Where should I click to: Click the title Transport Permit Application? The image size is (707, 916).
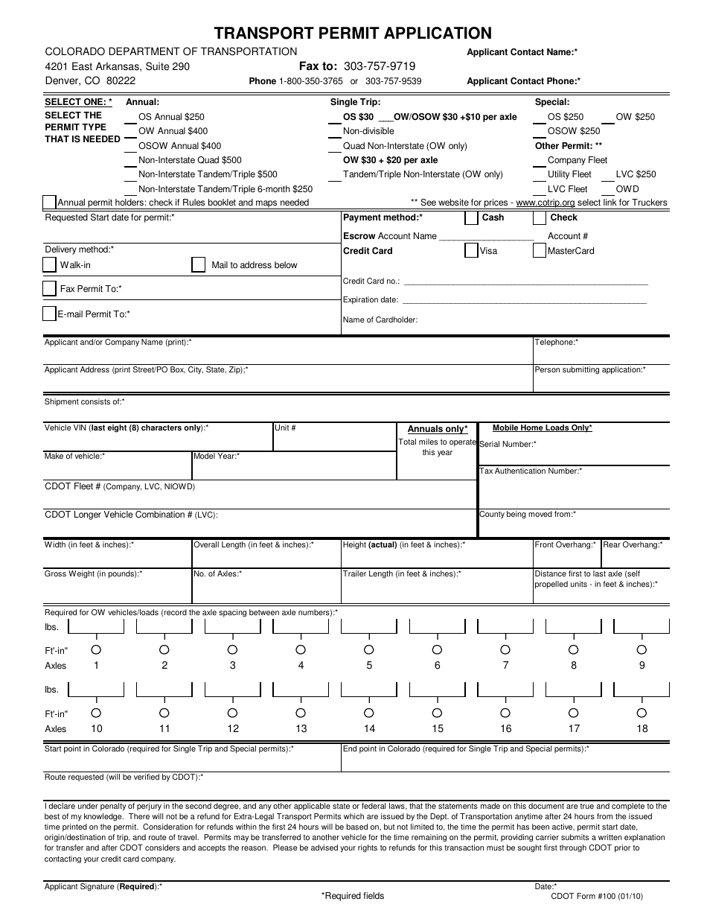tap(353, 33)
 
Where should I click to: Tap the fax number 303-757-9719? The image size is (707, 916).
tap(380, 66)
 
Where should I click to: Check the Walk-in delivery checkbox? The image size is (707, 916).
tap(49, 264)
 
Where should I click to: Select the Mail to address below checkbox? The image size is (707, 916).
tap(198, 264)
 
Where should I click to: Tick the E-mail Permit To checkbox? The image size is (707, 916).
tap(49, 314)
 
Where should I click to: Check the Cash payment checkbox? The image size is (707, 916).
tap(471, 217)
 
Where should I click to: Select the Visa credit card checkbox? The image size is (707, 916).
tap(471, 251)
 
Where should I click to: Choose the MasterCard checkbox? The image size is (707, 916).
tap(540, 251)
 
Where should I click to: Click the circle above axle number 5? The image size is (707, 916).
tap(369, 649)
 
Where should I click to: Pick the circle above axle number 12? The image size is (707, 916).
tap(233, 713)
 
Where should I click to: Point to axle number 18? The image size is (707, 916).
tap(642, 728)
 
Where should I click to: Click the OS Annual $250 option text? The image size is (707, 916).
tap(171, 117)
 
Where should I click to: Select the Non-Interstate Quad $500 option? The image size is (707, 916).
tap(190, 160)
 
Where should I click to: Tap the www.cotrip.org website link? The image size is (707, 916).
tap(546, 203)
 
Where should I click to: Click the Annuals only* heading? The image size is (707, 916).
tap(438, 429)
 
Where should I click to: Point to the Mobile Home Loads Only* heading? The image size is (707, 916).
tap(542, 428)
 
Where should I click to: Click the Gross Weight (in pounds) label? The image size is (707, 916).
tap(93, 574)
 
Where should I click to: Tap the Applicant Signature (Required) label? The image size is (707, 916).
tap(103, 886)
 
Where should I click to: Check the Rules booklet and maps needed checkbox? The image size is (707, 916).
tap(49, 203)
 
